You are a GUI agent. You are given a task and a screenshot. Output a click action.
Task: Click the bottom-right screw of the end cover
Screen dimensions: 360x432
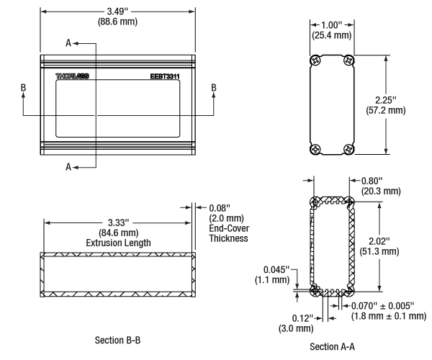(349, 149)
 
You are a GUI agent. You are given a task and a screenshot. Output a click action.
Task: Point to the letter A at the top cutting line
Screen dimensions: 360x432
(68, 43)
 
